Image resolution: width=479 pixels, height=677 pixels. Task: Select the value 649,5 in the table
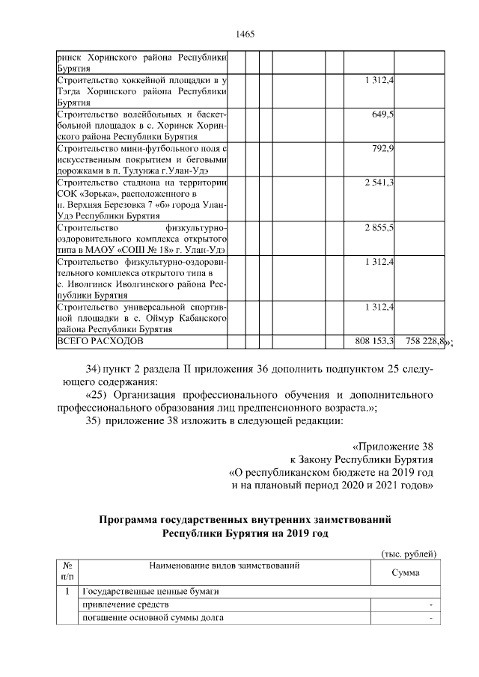click(x=382, y=114)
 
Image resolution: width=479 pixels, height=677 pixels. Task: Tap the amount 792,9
click(x=382, y=149)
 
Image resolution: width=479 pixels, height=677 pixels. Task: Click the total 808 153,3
click(x=374, y=341)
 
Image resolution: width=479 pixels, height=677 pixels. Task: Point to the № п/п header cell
click(x=67, y=572)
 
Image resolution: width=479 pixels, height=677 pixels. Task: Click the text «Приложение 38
click(x=394, y=447)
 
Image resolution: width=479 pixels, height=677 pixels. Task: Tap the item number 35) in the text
click(x=94, y=420)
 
